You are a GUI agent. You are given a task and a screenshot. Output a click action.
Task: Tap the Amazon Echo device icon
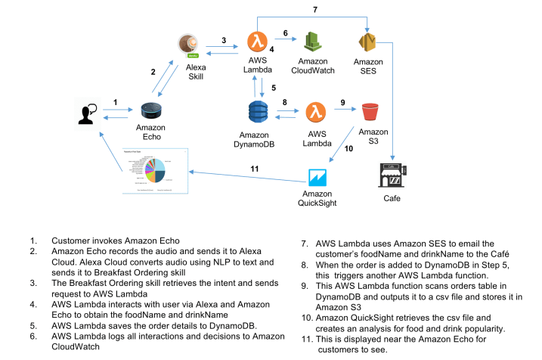152,111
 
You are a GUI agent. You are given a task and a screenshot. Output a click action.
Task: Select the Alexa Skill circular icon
191,45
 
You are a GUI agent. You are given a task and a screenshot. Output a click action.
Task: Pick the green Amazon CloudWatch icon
313,42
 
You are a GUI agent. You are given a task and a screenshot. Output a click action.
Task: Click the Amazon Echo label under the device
151,132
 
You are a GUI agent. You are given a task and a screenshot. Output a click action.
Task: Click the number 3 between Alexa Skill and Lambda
224,39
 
